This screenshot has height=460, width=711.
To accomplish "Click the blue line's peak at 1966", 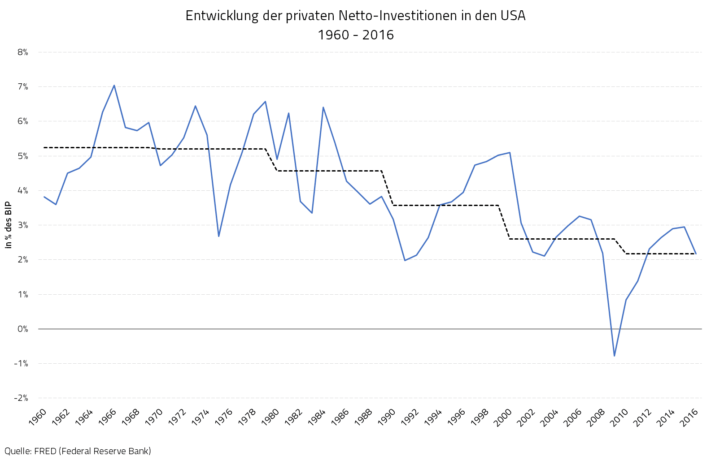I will pos(114,85).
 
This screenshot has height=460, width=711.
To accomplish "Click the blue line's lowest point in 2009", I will pos(614,356).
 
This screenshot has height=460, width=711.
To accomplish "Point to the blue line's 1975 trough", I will pos(218,236).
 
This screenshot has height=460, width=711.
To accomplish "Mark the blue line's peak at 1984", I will pos(323,107).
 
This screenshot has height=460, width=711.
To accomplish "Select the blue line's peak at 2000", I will pos(510,153).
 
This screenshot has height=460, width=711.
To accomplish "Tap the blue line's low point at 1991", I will pos(405,260).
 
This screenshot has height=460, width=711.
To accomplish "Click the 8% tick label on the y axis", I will pos(23,52).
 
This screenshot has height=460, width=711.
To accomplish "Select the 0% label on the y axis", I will pos(23,329).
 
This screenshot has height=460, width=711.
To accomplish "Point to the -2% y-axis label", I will pos(21,398).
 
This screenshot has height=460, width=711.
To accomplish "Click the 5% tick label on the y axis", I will pos(23,156).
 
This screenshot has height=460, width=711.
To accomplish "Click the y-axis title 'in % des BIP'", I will pos(9,225).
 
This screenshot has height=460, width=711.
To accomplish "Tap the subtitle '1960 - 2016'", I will pos(355,35).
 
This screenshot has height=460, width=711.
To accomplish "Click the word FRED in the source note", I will pos(45,451).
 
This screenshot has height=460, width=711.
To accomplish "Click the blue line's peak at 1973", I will pos(195,106).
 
